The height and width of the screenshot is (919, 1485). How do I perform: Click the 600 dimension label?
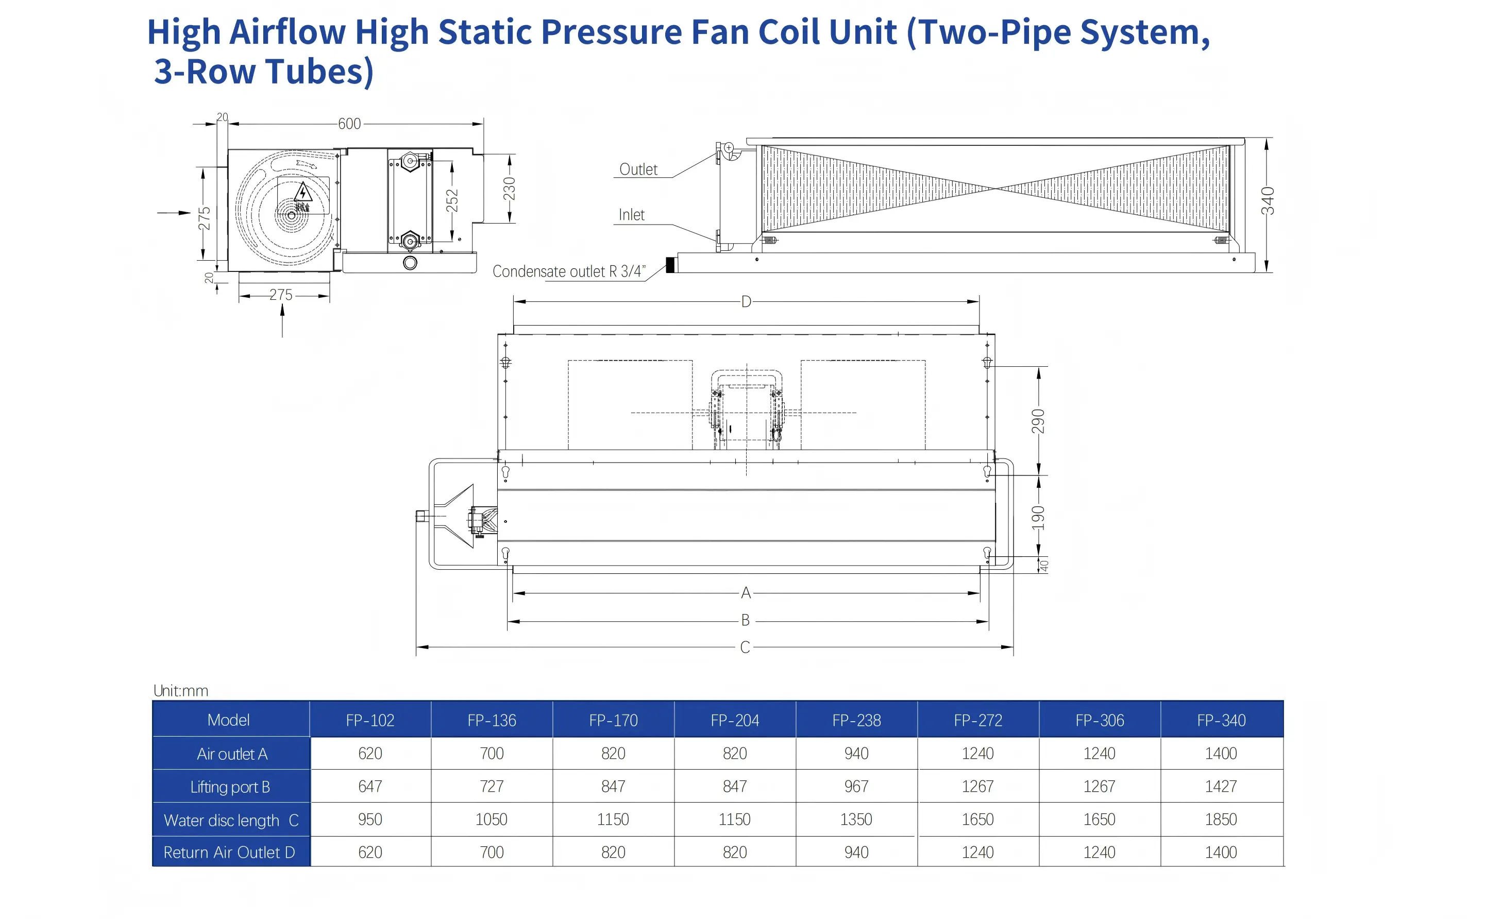(349, 124)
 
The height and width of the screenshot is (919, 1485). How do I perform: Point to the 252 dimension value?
(452, 200)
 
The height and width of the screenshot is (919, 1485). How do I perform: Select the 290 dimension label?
(1038, 421)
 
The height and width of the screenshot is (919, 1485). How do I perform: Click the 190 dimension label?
(1038, 517)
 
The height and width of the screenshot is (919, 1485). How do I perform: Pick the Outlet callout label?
(638, 169)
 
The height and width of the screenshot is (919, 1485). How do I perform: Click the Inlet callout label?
(632, 215)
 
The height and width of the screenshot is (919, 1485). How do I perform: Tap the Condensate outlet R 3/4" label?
(569, 271)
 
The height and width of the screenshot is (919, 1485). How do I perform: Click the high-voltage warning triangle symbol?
(302, 192)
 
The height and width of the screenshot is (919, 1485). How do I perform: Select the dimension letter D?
(746, 302)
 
